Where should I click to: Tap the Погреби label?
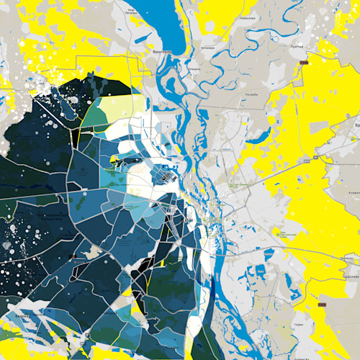[x=253, y=94]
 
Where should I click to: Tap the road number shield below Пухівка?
[x=303, y=64]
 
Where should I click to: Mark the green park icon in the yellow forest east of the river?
[x=278, y=232]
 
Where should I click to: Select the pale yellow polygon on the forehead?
[x=119, y=108]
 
